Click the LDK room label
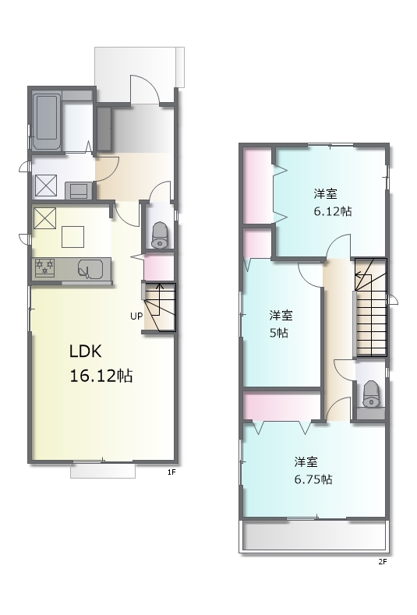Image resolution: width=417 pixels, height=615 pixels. coord(86,352)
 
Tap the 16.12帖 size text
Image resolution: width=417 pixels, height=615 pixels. coord(101,376)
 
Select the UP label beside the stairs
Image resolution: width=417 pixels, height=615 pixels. coord(136,316)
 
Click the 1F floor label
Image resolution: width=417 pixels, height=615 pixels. coord(171,472)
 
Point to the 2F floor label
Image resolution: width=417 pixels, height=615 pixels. coord(383,562)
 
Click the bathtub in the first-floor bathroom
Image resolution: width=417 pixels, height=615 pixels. coord(47,122)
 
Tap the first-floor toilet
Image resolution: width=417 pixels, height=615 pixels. coord(160,235)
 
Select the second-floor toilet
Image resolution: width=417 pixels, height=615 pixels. coord(371,394)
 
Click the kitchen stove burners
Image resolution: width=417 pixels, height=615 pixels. coord(44,268)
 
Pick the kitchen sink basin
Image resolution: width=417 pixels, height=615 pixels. coord(90,269)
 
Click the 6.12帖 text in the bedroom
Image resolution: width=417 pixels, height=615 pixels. coord(333,211)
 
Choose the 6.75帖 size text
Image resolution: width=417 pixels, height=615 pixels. coord(313,479)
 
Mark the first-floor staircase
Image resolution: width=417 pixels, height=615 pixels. coord(160,306)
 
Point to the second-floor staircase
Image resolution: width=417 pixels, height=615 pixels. coord(371,307)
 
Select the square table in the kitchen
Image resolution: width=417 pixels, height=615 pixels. coord(73,237)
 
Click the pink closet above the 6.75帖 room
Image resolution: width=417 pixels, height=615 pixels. coord(282,406)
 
